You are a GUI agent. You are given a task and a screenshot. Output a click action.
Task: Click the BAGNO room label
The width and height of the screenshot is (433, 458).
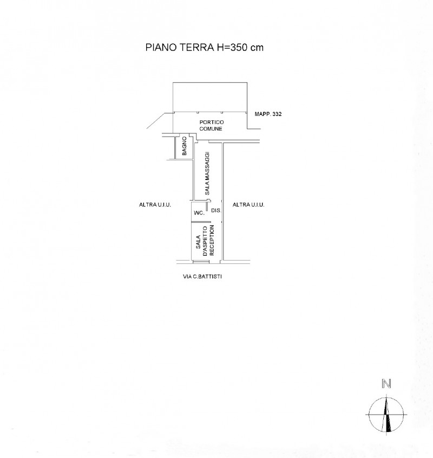(x=185, y=146)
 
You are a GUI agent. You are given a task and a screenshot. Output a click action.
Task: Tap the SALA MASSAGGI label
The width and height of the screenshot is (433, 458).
(x=207, y=173)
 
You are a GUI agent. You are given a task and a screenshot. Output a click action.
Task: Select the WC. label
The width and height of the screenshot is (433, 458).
(x=199, y=212)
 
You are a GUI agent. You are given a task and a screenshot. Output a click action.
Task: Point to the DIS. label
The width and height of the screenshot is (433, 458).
(x=216, y=210)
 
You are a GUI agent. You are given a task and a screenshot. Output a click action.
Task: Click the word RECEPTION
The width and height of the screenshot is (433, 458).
(x=212, y=240)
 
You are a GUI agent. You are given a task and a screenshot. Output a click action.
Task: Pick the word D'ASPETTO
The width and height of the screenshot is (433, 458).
(x=205, y=241)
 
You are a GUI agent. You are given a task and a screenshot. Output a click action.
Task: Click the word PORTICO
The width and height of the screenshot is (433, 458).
(x=212, y=122)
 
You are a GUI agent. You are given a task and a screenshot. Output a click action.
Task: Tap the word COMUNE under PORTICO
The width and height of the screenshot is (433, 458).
(x=211, y=128)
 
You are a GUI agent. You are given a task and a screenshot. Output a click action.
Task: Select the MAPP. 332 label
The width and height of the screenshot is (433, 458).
(x=268, y=114)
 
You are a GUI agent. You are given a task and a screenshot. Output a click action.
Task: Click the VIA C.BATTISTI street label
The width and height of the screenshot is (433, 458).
(x=202, y=276)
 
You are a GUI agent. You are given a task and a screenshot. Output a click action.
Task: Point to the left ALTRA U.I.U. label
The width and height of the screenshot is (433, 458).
(x=155, y=205)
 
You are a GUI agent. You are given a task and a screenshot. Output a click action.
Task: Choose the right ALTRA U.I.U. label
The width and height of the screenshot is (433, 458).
(x=248, y=205)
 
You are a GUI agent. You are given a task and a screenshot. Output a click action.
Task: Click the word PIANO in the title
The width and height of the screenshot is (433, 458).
(x=161, y=47)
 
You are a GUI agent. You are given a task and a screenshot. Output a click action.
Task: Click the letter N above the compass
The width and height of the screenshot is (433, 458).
(x=386, y=384)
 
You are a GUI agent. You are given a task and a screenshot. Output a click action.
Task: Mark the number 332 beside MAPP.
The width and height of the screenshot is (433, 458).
(x=276, y=114)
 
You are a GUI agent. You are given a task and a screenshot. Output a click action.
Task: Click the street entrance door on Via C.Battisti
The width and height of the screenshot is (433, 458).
(x=201, y=262)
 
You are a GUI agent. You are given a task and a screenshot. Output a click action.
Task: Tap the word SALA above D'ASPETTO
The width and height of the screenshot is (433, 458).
(x=199, y=242)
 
